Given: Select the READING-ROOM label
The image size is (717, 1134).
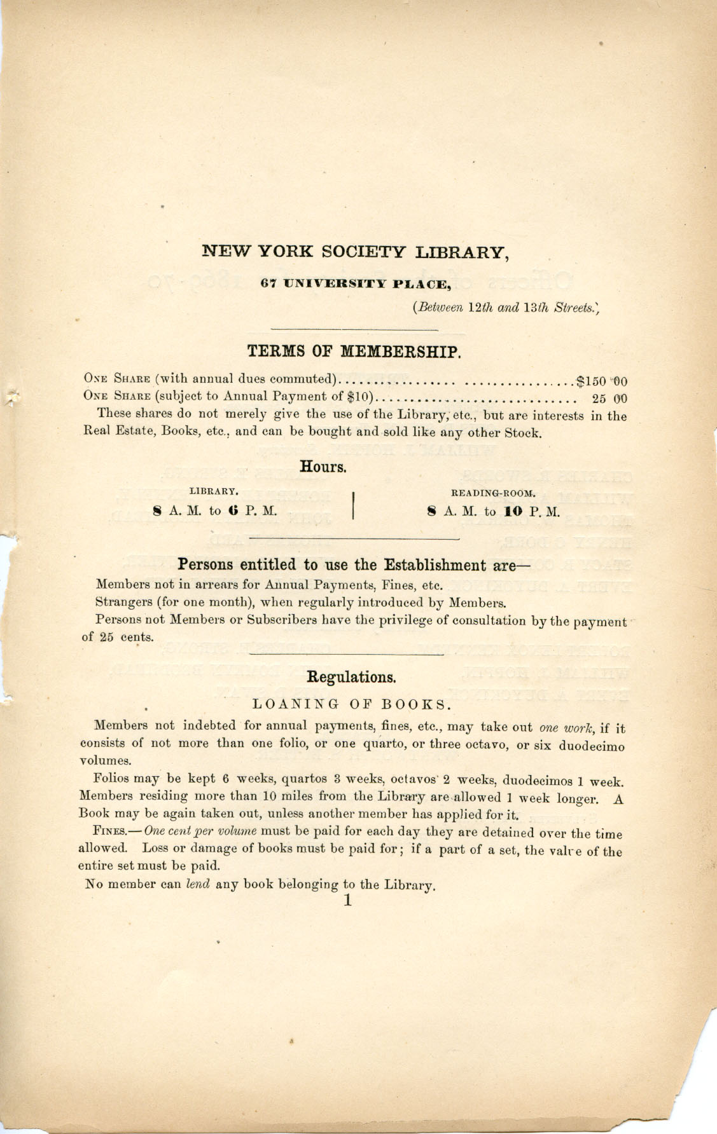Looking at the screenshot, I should (494, 493).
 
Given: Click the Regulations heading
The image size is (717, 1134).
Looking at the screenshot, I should (352, 677).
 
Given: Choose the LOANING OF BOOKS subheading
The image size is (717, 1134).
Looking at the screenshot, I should (352, 704).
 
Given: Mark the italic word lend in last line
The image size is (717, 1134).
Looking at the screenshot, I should (197, 884).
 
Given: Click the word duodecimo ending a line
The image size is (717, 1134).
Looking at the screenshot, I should (592, 746).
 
